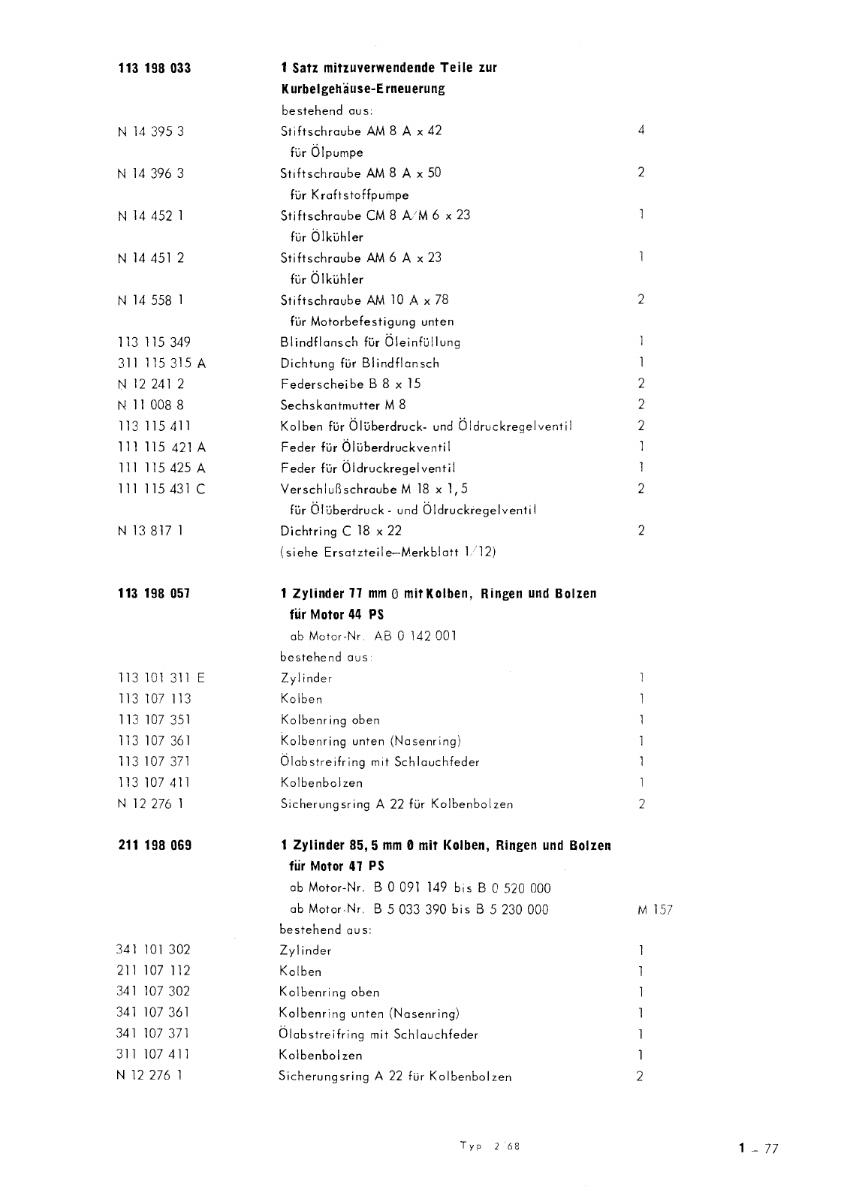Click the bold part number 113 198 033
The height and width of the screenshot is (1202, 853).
[x=155, y=68]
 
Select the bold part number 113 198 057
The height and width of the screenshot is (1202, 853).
[x=155, y=594]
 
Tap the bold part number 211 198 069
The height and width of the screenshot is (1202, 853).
[x=155, y=845]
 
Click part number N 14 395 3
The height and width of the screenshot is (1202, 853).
[x=151, y=131]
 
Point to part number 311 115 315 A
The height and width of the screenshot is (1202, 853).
[x=161, y=363]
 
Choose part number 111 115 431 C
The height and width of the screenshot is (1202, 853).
[x=161, y=489]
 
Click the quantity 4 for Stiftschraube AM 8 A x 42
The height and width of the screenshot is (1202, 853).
[x=641, y=130]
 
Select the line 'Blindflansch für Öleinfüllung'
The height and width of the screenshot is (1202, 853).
[x=370, y=342]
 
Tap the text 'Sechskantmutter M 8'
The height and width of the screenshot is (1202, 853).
[x=343, y=405]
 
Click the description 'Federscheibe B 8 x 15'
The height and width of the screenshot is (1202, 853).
[x=351, y=384]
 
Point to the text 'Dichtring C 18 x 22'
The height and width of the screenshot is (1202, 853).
[x=341, y=531]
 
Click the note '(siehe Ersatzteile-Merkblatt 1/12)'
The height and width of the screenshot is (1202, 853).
[x=388, y=552]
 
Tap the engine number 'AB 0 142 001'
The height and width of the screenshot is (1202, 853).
[x=415, y=636]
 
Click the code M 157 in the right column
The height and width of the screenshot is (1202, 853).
[x=655, y=910]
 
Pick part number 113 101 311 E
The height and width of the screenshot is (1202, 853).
[x=161, y=678]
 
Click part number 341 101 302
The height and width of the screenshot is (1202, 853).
[x=153, y=950]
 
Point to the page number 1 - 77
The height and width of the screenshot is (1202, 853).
[x=758, y=1148]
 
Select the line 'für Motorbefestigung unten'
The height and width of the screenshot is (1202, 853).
[x=372, y=321]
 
